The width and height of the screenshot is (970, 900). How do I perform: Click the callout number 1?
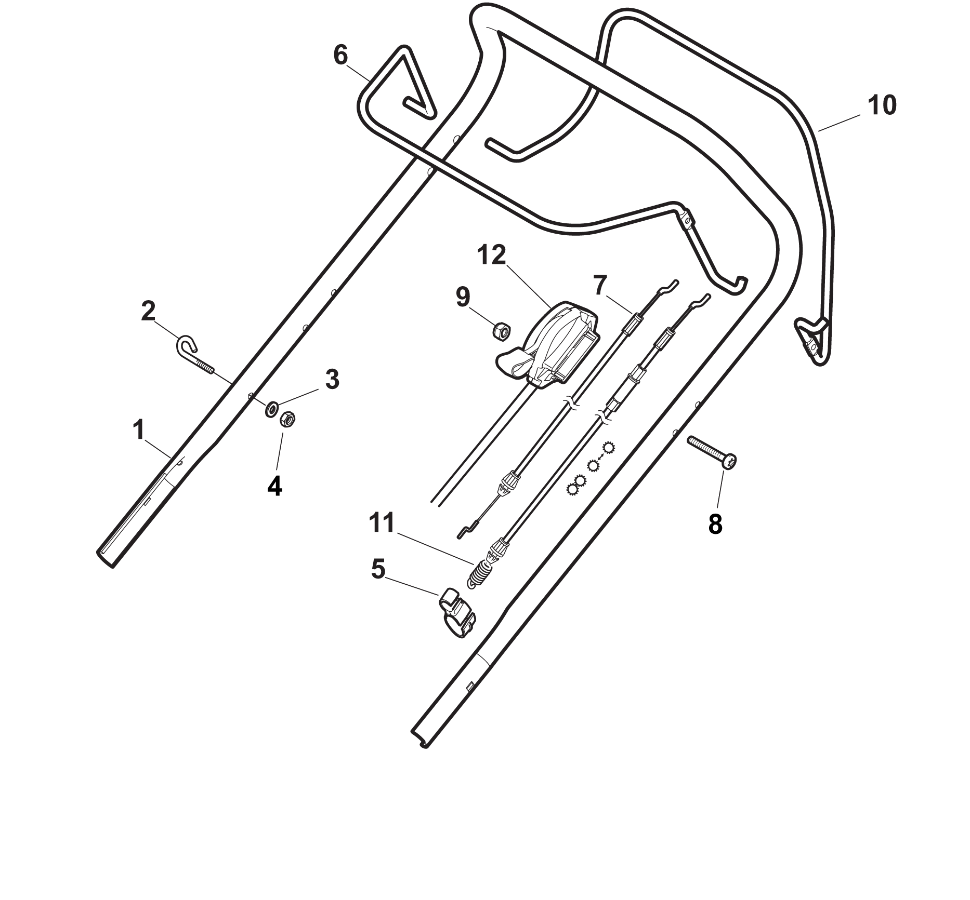(x=138, y=431)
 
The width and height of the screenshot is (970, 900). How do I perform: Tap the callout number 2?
(x=148, y=311)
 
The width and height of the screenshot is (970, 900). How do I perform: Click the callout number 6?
(x=340, y=55)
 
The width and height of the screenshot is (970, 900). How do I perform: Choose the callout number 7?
(x=599, y=285)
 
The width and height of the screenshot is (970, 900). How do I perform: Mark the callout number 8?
(x=715, y=525)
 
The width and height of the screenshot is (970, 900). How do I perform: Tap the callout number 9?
(x=463, y=297)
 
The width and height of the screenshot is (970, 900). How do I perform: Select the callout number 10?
(x=882, y=105)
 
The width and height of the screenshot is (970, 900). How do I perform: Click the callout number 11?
(x=382, y=523)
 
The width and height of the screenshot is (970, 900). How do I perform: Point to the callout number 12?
(x=491, y=256)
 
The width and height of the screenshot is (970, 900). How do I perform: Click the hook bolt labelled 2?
(x=195, y=355)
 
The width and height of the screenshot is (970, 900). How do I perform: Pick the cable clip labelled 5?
(x=456, y=612)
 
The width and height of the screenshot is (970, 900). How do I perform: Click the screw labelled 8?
(x=712, y=453)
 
